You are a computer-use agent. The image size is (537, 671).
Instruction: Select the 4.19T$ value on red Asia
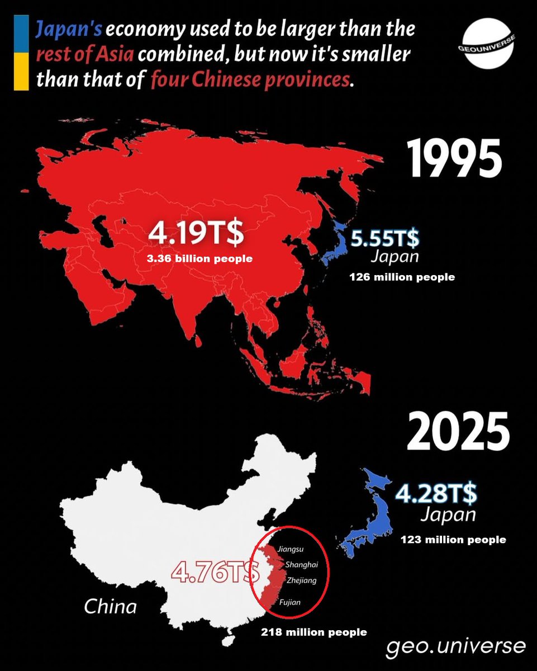click(196, 234)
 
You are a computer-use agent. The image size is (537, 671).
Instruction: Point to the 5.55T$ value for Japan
click(385, 239)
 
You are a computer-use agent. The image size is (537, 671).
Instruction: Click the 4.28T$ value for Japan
click(436, 494)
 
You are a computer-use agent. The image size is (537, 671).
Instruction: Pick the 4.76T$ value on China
click(216, 572)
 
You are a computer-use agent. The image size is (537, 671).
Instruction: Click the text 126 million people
click(402, 277)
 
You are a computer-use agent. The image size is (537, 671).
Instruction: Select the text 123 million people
click(453, 540)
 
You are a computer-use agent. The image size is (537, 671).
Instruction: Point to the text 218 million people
click(314, 632)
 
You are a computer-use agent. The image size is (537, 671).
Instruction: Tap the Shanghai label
click(301, 565)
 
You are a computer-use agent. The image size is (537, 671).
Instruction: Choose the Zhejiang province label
click(301, 580)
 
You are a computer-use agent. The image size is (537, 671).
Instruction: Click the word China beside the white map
click(110, 606)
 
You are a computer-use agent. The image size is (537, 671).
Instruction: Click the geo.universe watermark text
click(455, 646)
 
